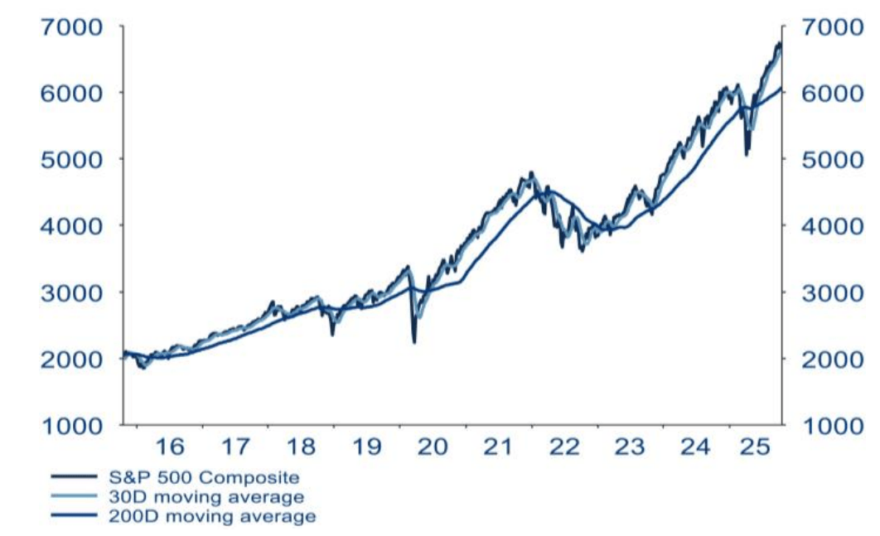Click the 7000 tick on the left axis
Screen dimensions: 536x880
[x=73, y=27]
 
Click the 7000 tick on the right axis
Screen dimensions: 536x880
[x=834, y=27]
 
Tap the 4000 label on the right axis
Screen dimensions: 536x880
[x=834, y=225]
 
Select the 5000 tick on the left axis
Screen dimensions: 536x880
[x=73, y=159]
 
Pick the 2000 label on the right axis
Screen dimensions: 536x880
[x=834, y=359]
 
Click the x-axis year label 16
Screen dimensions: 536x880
[x=170, y=447]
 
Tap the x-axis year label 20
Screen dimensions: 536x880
[x=432, y=447]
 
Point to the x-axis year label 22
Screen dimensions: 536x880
[x=563, y=447]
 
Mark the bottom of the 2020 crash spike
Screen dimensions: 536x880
[x=413, y=341]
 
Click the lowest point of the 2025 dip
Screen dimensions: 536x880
[x=747, y=154]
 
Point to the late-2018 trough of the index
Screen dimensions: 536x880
[x=332, y=334]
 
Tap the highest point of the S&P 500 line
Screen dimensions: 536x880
[x=779, y=43]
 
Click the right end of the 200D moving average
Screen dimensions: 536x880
[x=781, y=89]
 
